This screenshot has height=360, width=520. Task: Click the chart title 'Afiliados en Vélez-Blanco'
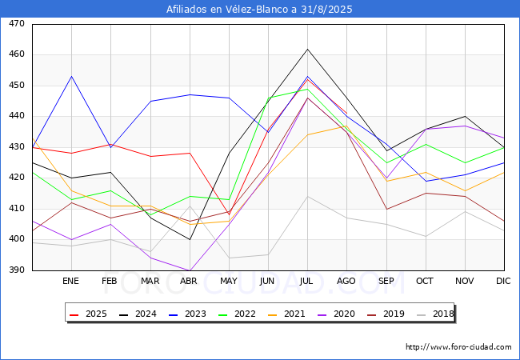coord(227,10)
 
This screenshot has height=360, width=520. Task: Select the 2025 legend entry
coord(88,314)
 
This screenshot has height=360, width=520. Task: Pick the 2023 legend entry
coord(187,314)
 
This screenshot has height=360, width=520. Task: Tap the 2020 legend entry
coord(336,314)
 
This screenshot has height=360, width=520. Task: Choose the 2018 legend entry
coord(435,314)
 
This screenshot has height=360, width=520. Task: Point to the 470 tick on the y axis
coord(17,23)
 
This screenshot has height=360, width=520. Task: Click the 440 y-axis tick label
coord(17,116)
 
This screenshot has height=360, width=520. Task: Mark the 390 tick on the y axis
coord(17,270)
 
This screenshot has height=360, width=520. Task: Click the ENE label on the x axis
coord(70,281)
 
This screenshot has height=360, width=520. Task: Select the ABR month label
coord(189,281)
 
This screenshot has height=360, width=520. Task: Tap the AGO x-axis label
coord(346,281)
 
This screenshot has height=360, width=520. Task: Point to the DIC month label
coord(503,281)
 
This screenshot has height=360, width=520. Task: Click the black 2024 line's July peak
coord(307,49)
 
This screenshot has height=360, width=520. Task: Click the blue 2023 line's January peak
coord(72,77)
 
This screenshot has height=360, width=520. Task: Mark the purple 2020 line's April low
coord(190,270)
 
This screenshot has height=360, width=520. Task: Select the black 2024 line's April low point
coord(190,239)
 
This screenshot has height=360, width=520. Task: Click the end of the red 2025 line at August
coord(347,114)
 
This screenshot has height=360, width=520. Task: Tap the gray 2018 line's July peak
coord(307,196)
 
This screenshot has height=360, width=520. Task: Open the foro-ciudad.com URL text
coord(458,347)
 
